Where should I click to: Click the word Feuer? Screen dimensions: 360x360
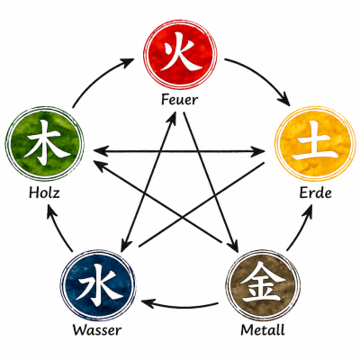(179, 100)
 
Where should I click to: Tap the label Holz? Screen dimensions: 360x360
(44, 193)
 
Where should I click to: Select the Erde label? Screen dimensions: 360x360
(315, 193)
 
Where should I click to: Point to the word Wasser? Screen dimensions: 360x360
(97, 330)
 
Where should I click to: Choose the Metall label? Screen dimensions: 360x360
(263, 330)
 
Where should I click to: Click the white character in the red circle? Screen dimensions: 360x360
(180, 51)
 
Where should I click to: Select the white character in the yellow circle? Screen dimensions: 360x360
(314, 141)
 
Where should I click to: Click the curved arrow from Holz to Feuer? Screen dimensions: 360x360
(99, 78)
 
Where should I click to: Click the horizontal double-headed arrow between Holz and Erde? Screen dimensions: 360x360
(179, 152)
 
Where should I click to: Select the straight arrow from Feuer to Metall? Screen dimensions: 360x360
(210, 182)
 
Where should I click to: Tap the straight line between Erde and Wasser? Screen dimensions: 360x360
(201, 205)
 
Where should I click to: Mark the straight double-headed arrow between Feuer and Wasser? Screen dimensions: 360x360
(148, 182)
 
